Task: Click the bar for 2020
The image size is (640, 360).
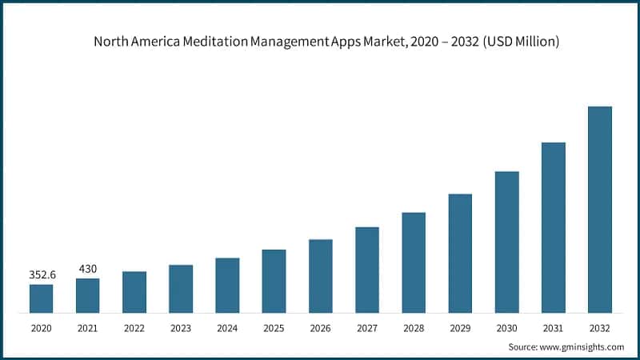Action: tap(41, 298)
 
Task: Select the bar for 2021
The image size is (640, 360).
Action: tap(87, 295)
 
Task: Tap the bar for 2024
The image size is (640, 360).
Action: tap(227, 285)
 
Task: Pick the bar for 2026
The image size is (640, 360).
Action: tap(320, 275)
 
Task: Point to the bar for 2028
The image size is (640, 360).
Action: tap(414, 262)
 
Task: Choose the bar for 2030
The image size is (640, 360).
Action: tap(506, 242)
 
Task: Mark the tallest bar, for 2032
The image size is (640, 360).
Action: tap(599, 209)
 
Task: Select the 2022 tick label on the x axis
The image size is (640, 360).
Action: tap(134, 328)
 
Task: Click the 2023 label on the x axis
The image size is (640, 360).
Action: tap(181, 328)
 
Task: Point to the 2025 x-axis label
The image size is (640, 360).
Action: tap(274, 328)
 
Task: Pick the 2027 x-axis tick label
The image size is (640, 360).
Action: tap(366, 328)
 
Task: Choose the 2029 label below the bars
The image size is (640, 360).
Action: tap(460, 328)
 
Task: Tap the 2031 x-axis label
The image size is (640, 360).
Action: tap(553, 328)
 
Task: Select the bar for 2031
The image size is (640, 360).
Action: tap(553, 227)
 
